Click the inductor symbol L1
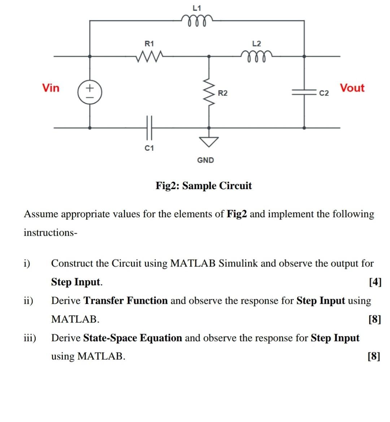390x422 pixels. pos(197,20)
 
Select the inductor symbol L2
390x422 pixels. pos(256,56)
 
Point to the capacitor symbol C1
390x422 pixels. pos(149,127)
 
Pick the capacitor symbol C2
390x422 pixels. pos(304,93)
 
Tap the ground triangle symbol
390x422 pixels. pos(208,141)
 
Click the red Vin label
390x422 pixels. pos(51,88)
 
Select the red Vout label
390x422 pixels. pos(352,88)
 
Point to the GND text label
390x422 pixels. pos(205,160)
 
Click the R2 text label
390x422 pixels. pos(223,93)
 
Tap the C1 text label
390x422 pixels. pos(149,148)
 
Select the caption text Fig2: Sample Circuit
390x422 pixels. pos(204,186)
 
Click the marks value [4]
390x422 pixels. pos(375,282)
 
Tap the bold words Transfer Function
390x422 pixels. pos(126,301)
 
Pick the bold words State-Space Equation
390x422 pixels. pos(133,338)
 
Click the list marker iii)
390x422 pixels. pos(30,338)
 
